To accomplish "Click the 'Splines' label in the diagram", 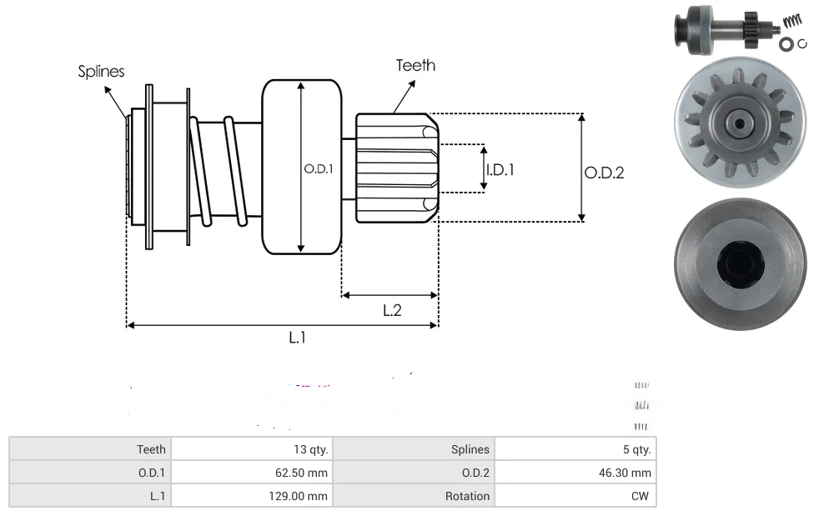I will coord(101,72).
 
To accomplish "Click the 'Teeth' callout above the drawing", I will coord(415,65).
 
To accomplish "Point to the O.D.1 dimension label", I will coord(319,168).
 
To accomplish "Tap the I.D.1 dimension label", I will coord(500,169).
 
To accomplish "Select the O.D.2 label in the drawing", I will coord(604,173).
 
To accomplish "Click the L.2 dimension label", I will coord(392,310).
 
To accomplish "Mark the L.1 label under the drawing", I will coord(298,338).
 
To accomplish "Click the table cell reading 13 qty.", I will coord(251,449).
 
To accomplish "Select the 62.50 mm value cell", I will coord(251,473).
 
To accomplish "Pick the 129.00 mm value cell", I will coord(251,496).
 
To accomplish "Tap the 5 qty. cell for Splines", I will coord(575,449).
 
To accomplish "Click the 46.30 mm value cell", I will coord(575,473).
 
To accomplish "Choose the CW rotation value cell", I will coord(575,496).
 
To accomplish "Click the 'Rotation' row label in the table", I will coord(415,496).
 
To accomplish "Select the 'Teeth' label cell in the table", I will coord(90,449).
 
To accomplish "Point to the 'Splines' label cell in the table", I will coord(415,449).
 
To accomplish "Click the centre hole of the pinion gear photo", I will coord(737,123).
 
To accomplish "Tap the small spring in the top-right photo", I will coord(792,23).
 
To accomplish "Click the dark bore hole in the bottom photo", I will coord(740,263).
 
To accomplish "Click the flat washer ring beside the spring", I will coord(786,44).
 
